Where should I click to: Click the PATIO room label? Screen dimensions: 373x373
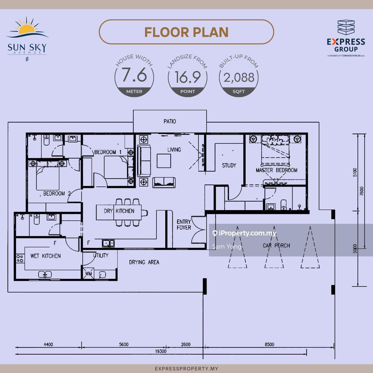(x=170, y=121)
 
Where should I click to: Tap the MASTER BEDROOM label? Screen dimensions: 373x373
(x=277, y=170)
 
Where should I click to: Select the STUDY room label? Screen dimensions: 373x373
(x=229, y=165)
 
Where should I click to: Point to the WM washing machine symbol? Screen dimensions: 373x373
(x=89, y=274)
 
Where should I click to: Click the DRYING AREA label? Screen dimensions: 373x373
(x=144, y=262)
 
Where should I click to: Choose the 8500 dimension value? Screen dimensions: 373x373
(x=270, y=344)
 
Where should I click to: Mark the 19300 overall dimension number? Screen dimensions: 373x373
(x=161, y=351)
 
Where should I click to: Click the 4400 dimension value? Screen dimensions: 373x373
(x=48, y=344)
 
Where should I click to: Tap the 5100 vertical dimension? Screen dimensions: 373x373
(x=355, y=172)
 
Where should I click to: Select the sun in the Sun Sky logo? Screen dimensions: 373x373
(x=27, y=29)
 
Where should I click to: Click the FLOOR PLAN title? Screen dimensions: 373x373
(x=186, y=32)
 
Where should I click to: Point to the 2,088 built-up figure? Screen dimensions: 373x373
(x=239, y=78)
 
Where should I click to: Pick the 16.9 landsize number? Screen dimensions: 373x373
(x=188, y=77)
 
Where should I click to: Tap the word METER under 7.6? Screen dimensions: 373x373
(x=134, y=92)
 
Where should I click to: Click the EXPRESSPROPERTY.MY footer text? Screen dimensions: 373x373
(x=186, y=369)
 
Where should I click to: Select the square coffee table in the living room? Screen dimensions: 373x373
(x=164, y=161)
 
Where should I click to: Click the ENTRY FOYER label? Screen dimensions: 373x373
(x=184, y=225)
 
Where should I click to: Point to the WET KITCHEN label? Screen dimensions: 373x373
(x=45, y=256)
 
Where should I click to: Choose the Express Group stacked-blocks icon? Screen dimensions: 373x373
(x=346, y=27)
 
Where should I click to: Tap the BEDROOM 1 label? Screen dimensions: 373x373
(x=108, y=152)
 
